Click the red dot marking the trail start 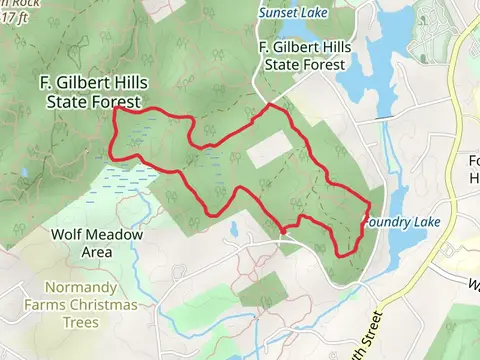click(283, 231)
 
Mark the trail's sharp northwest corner click(117, 110)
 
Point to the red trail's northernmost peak click(269, 104)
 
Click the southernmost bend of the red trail click(343, 255)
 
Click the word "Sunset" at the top click(277, 14)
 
